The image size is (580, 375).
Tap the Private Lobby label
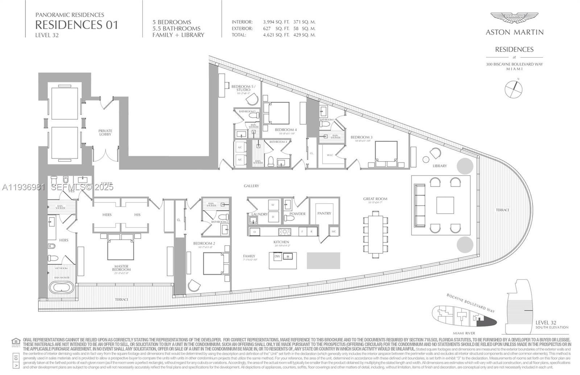(x=105, y=133)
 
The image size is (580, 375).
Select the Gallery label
(x=251, y=186)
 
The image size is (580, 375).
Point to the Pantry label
(x=324, y=213)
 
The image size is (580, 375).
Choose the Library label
(x=440, y=166)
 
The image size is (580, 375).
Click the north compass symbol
(x=513, y=89)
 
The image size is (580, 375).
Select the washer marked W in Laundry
(x=273, y=205)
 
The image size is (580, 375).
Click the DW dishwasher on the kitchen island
(x=277, y=257)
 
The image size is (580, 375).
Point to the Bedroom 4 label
(x=286, y=130)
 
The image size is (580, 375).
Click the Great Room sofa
(x=420, y=205)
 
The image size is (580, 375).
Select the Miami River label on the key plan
(x=464, y=333)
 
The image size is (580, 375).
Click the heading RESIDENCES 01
(x=76, y=25)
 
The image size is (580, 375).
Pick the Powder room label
(x=297, y=214)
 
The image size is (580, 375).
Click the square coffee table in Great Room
(x=445, y=205)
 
